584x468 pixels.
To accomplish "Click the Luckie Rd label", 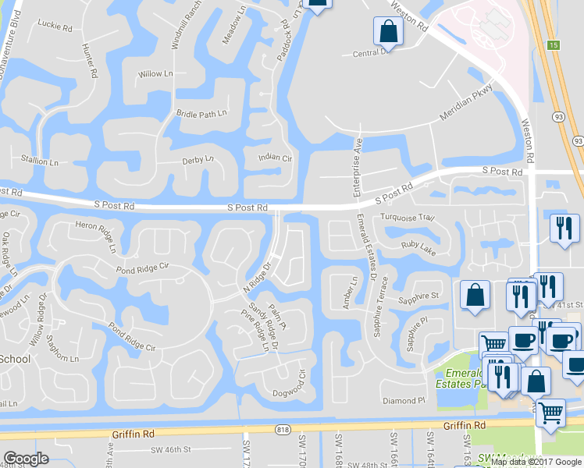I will pos(54,24).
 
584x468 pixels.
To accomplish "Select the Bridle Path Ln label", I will pos(201,114).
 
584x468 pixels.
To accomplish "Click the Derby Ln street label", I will pos(198,159).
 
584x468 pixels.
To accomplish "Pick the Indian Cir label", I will pos(275,158).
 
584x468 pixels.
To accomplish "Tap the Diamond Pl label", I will pos(403,401).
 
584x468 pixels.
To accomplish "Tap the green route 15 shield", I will pos(554,45).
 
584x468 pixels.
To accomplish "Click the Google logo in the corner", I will pos(26,459).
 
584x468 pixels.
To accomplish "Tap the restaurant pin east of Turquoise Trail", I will pos(563,229).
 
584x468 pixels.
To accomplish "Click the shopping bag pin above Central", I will pos(387,32).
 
